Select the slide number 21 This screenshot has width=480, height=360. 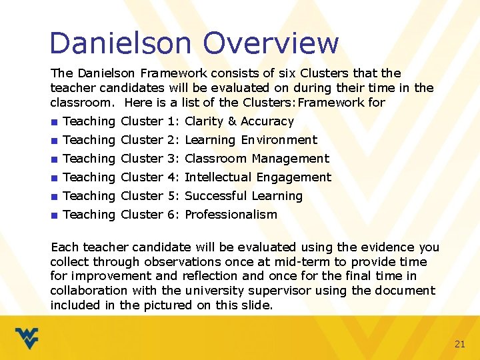coord(459,344)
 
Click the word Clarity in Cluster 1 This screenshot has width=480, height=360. coord(203,121)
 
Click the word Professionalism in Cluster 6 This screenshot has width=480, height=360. coord(231,215)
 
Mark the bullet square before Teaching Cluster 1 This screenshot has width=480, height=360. coord(53,122)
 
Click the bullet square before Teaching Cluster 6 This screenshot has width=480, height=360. coord(53,215)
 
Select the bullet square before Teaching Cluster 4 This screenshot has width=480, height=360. coord(53,178)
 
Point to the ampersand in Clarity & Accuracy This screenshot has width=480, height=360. coord(232,121)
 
